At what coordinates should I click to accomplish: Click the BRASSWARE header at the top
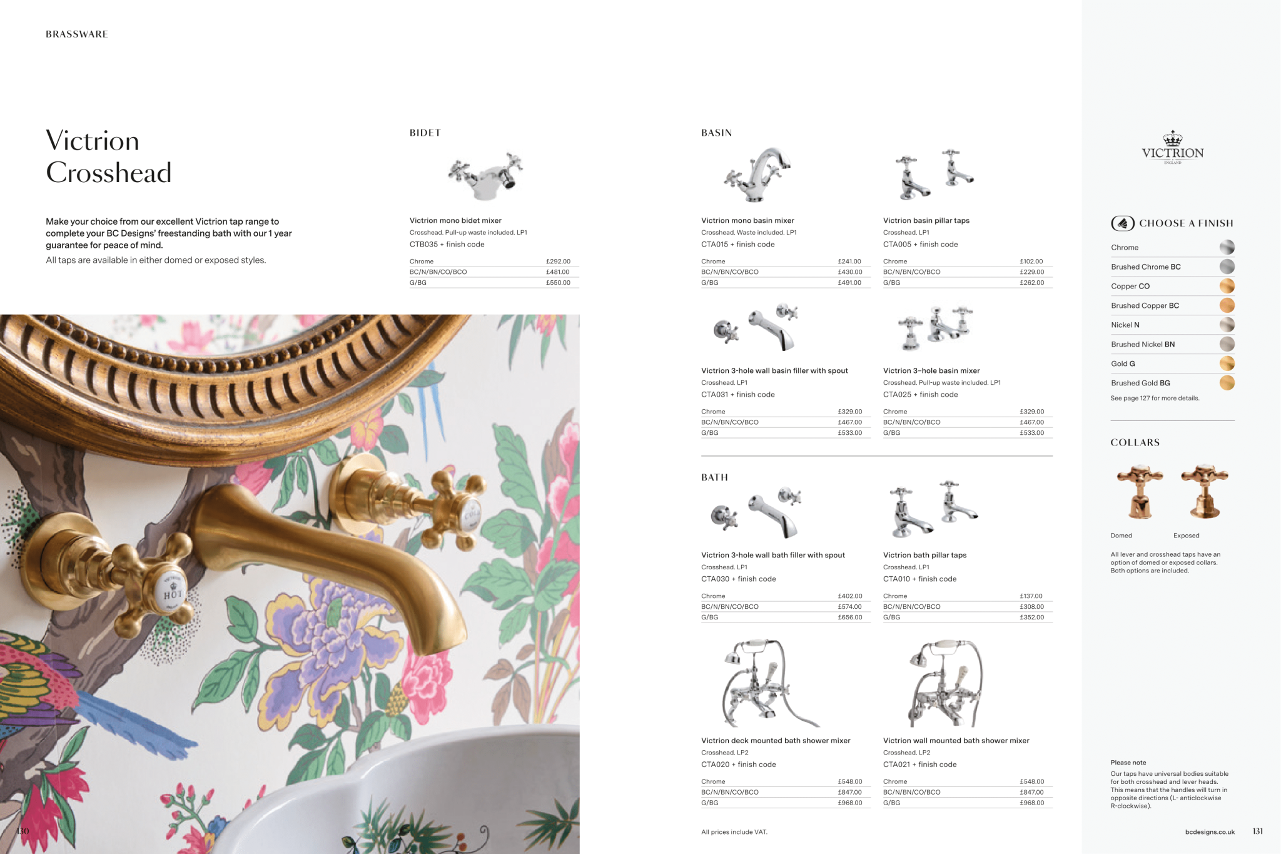(77, 34)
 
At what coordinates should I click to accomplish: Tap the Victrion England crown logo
(1173, 148)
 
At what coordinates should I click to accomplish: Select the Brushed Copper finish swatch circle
(1227, 305)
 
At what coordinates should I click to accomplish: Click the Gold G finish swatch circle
(1227, 363)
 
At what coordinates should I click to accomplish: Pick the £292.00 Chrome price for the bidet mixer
(558, 262)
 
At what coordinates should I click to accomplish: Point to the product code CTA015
(715, 245)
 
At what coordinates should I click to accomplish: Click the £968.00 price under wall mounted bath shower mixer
(1032, 803)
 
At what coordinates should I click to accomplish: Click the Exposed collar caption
(1187, 536)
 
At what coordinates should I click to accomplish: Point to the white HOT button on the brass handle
(172, 591)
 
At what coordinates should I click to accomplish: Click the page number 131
(1258, 831)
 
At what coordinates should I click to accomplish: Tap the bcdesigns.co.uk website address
(1210, 832)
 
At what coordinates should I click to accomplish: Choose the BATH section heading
(714, 477)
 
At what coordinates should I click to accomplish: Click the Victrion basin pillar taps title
(926, 221)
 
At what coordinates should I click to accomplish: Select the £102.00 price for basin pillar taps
(1031, 262)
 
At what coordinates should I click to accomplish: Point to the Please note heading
(1128, 763)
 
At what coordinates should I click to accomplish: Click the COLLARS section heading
(1135, 443)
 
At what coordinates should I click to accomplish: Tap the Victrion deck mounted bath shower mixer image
(769, 683)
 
